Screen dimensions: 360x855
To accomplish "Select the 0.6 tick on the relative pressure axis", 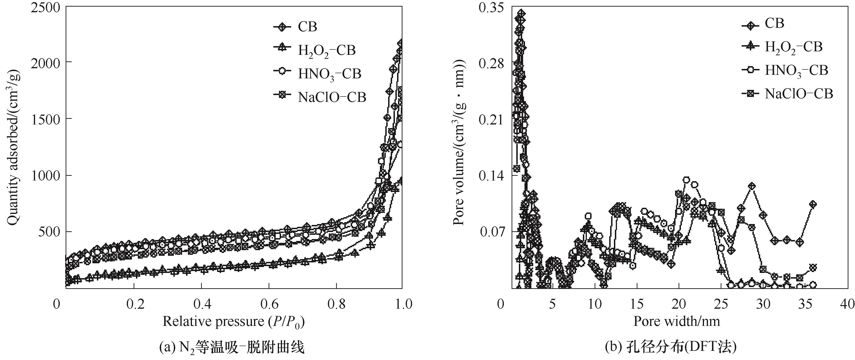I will point(269,304).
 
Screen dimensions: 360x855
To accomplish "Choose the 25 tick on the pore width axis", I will point(721,304).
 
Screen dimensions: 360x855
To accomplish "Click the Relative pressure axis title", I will point(233,321).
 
